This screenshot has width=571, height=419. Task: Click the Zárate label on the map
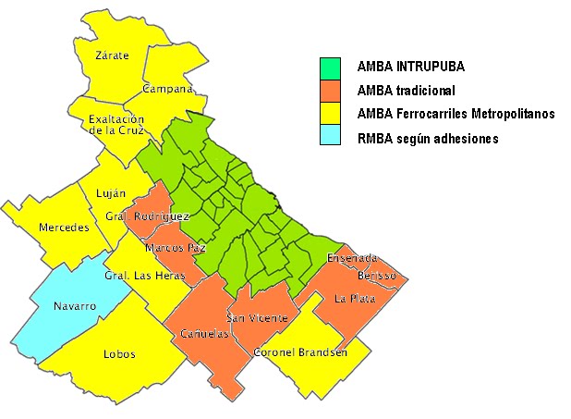pyautogui.click(x=112, y=55)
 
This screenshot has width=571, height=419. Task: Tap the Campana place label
pyautogui.click(x=167, y=89)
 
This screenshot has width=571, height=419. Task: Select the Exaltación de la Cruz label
pyautogui.click(x=117, y=125)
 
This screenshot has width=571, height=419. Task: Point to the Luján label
pyautogui.click(x=110, y=194)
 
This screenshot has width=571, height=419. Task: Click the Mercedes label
pyautogui.click(x=63, y=228)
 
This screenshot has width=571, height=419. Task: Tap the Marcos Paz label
pyautogui.click(x=175, y=248)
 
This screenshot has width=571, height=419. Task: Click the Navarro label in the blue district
pyautogui.click(x=75, y=306)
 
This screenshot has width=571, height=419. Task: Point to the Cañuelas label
pyautogui.click(x=204, y=334)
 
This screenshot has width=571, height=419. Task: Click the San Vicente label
pyautogui.click(x=264, y=318)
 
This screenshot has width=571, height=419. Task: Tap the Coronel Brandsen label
pyautogui.click(x=300, y=352)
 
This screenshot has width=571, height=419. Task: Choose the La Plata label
pyautogui.click(x=352, y=298)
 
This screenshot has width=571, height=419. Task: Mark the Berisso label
pyautogui.click(x=376, y=276)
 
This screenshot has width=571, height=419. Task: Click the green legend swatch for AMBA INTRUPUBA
pyautogui.click(x=331, y=68)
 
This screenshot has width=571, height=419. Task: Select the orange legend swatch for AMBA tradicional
pyautogui.click(x=331, y=91)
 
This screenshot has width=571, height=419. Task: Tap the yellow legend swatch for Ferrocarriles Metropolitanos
pyautogui.click(x=331, y=115)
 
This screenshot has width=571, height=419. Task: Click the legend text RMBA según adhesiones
pyautogui.click(x=427, y=139)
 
